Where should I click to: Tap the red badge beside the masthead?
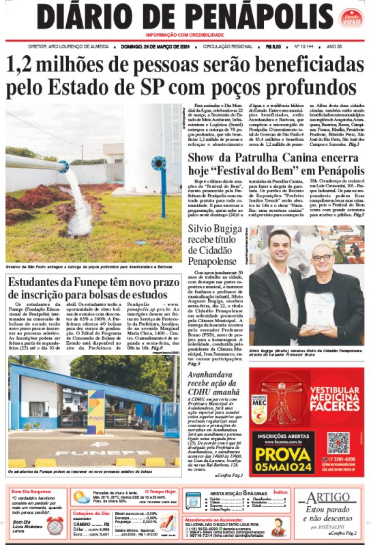pos(351,18)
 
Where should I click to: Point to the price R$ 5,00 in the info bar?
pos(274,47)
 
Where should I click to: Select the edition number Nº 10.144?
pos(304,47)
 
